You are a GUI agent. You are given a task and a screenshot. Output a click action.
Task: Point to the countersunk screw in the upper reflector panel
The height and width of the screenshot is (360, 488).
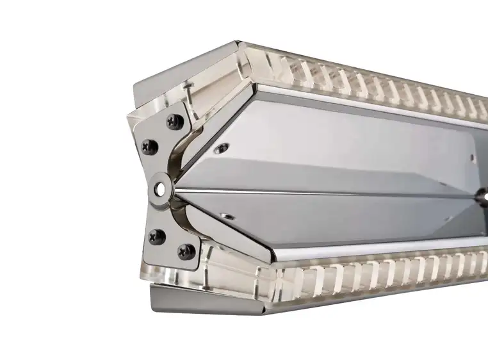click(x=221, y=149)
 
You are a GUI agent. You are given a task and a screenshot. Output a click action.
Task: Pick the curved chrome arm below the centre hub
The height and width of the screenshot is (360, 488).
click(x=186, y=215)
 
